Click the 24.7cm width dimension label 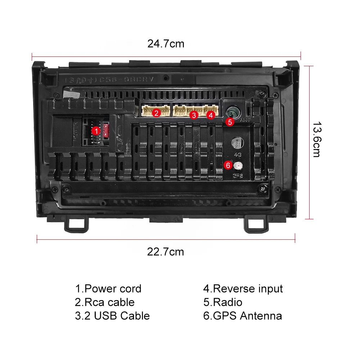tap(166, 44)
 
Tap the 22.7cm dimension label tap(165, 252)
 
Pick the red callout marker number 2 tap(156, 113)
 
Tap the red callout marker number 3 tap(194, 115)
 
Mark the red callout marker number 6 tap(228, 165)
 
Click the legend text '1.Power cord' tap(108, 289)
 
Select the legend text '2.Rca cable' tap(104, 302)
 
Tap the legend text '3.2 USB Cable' tap(112, 316)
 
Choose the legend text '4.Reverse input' tap(243, 289)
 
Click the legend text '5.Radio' tap(222, 302)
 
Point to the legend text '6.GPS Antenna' tap(242, 316)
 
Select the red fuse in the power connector tap(105, 130)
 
